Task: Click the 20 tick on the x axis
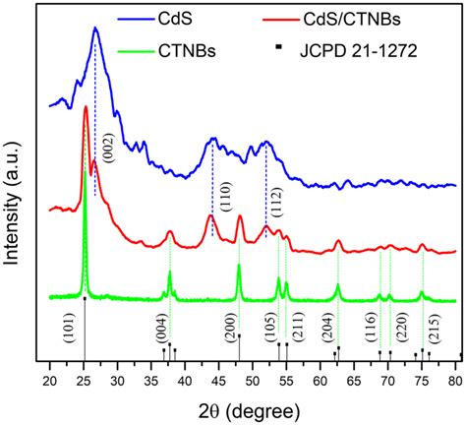coord(50,379)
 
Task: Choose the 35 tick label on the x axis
coord(151,379)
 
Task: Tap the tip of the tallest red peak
coord(86,106)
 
